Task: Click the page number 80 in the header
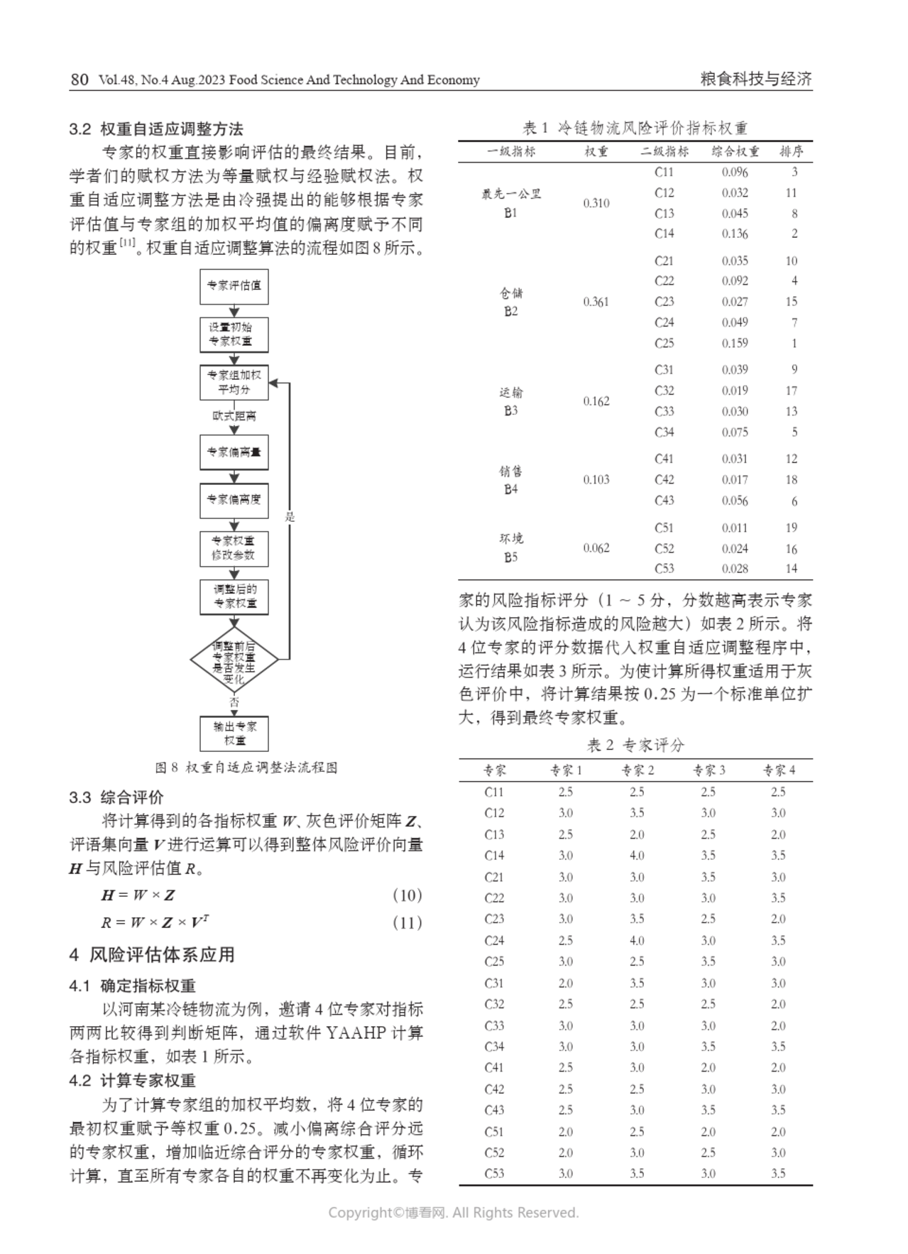point(80,80)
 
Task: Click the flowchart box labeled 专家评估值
point(234,286)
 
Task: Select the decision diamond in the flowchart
point(234,660)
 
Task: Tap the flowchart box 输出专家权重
point(234,734)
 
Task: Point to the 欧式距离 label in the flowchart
point(234,416)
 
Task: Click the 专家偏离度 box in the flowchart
point(234,500)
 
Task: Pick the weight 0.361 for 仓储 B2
point(596,302)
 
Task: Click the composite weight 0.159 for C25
point(734,343)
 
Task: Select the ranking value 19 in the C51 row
point(791,528)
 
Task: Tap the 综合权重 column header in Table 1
point(735,151)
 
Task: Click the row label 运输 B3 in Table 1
point(510,401)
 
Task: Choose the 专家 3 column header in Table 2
point(709,770)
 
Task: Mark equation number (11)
point(407,922)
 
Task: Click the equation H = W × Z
point(138,895)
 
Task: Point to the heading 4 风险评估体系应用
point(152,955)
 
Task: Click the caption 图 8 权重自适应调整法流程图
point(246,768)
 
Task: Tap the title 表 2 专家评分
point(635,745)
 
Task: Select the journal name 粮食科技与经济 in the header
point(755,80)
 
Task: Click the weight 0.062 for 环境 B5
point(596,548)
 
